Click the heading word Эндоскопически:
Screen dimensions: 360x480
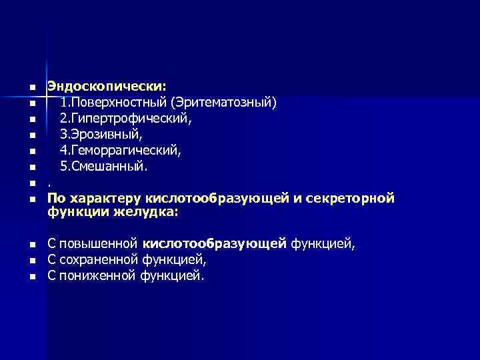106,86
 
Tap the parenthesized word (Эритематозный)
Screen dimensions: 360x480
223,103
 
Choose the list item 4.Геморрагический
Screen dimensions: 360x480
121,151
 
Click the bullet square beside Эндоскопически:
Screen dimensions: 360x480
31,88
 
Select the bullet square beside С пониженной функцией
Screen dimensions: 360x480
31,276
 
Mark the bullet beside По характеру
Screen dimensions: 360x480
31,199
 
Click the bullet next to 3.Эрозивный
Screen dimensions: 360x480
31,136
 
